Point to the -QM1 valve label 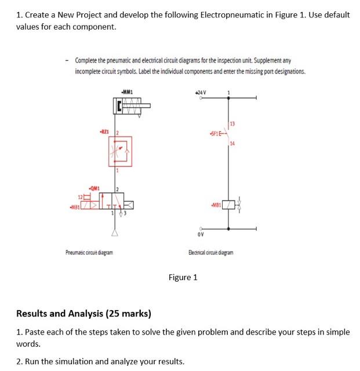(x=94, y=188)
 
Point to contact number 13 (x=232, y=123)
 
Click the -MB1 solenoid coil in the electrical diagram (x=230, y=205)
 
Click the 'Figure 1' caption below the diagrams (x=183, y=277)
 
